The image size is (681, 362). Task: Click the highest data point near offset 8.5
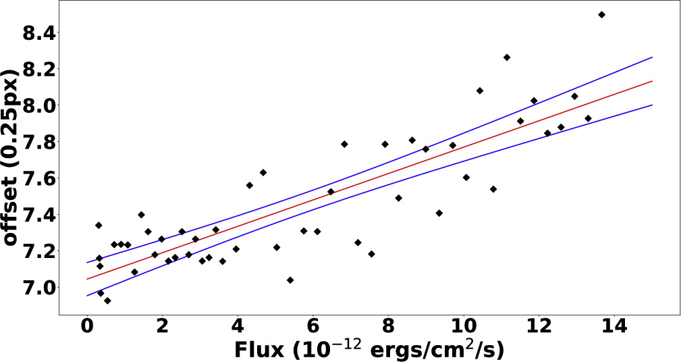601,14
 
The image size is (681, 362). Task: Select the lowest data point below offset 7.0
107,300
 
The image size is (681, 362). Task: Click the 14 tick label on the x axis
614,326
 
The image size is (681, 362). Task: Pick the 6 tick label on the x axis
312,326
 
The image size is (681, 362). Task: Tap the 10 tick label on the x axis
463,326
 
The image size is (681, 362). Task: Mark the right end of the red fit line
652,81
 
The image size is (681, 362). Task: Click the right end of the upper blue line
652,57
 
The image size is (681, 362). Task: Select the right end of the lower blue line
652,105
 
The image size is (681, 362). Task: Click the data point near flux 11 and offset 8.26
507,57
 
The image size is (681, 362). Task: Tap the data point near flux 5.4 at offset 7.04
290,280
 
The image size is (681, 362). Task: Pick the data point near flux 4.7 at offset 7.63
263,172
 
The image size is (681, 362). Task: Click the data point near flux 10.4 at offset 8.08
480,90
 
